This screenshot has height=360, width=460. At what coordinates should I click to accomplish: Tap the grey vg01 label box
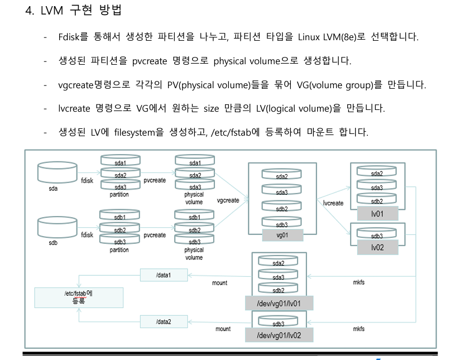[282, 235]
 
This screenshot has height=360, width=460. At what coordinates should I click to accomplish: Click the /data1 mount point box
[164, 275]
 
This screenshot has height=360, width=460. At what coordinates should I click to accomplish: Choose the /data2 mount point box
[164, 321]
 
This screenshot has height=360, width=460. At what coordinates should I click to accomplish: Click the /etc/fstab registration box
[78, 297]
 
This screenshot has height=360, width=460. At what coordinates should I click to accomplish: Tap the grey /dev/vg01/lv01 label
[279, 303]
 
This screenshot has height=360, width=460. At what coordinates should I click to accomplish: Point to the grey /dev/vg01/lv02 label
[279, 335]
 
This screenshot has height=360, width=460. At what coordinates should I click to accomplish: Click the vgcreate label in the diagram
[228, 200]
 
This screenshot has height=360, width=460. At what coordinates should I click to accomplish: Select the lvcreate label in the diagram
[333, 203]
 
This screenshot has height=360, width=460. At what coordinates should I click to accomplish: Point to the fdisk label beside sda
[87, 181]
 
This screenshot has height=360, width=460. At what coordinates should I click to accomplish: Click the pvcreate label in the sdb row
[155, 235]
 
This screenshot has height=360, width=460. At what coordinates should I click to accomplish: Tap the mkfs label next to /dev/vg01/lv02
[358, 329]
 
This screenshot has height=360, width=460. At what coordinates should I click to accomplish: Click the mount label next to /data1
[219, 283]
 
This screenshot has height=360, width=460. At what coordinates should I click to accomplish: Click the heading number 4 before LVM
[29, 11]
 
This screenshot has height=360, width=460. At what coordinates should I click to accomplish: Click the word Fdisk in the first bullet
[69, 37]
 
